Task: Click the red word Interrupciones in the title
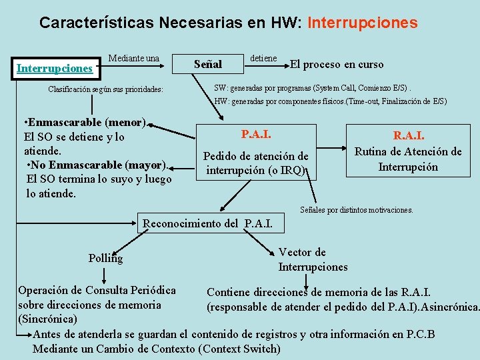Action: click(x=363, y=23)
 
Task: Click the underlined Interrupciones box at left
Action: click(x=55, y=68)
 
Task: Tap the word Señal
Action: click(x=207, y=65)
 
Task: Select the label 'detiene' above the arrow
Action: click(x=263, y=59)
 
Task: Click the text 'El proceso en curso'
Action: click(x=337, y=65)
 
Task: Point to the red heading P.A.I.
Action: click(x=256, y=135)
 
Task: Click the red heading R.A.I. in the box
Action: click(x=409, y=136)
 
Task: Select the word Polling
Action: click(x=105, y=258)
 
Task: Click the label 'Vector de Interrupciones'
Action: click(x=313, y=259)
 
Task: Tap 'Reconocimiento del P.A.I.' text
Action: click(x=207, y=223)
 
